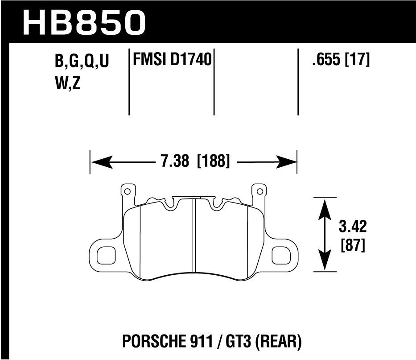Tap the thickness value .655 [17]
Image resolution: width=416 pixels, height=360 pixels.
[341, 60]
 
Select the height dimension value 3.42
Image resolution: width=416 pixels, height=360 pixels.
[352, 227]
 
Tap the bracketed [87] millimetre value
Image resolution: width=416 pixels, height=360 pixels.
[352, 245]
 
